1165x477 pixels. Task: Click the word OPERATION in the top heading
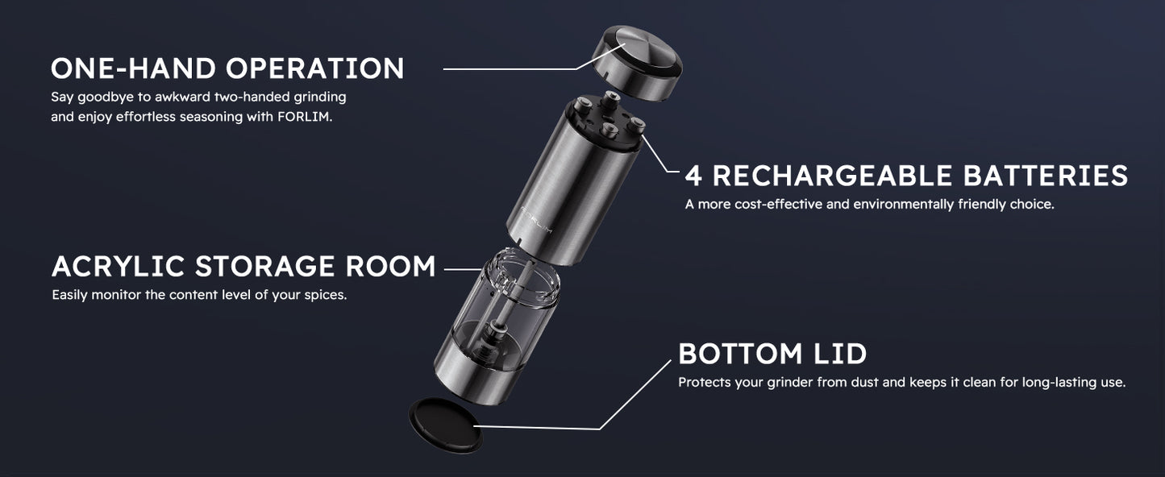point(314,68)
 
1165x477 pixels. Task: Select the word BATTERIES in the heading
point(1046,176)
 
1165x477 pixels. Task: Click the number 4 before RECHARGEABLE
point(693,176)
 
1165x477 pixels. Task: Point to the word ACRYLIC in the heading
point(118,266)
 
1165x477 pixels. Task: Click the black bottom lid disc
point(445,426)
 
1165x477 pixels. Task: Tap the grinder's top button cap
point(638,62)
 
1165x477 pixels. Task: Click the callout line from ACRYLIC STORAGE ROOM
point(463,269)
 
